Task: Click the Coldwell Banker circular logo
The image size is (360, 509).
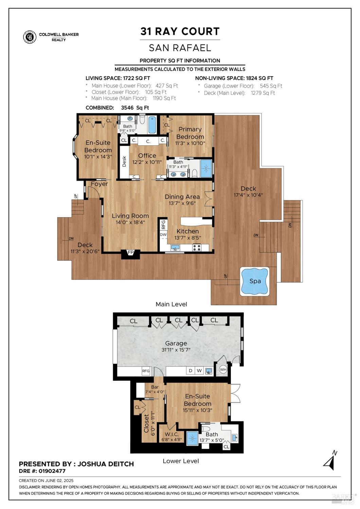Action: coord(30,37)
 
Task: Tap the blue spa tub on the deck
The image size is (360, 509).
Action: coord(255,281)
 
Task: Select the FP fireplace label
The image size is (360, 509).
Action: coord(130,252)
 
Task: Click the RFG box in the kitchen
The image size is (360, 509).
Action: coord(163,224)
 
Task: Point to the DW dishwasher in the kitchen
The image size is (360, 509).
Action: coord(163,234)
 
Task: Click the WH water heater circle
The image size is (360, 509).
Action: coord(223,370)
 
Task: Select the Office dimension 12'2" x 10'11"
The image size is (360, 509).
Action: coord(147,162)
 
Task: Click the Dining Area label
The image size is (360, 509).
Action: coord(182,197)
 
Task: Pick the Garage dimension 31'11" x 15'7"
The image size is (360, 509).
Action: coord(176,350)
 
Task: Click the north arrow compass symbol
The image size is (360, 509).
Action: coord(330,461)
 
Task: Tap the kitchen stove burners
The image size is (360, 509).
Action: coord(196,247)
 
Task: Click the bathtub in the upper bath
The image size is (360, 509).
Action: coord(152,125)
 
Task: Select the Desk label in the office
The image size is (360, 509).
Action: coord(124,161)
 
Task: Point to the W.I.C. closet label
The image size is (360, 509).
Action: coord(172,434)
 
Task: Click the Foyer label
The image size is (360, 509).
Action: coord(99,184)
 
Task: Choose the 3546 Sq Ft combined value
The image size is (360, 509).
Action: coord(135,108)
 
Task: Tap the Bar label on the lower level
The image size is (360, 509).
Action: coord(155,387)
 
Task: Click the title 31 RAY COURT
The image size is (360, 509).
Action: coord(180,31)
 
